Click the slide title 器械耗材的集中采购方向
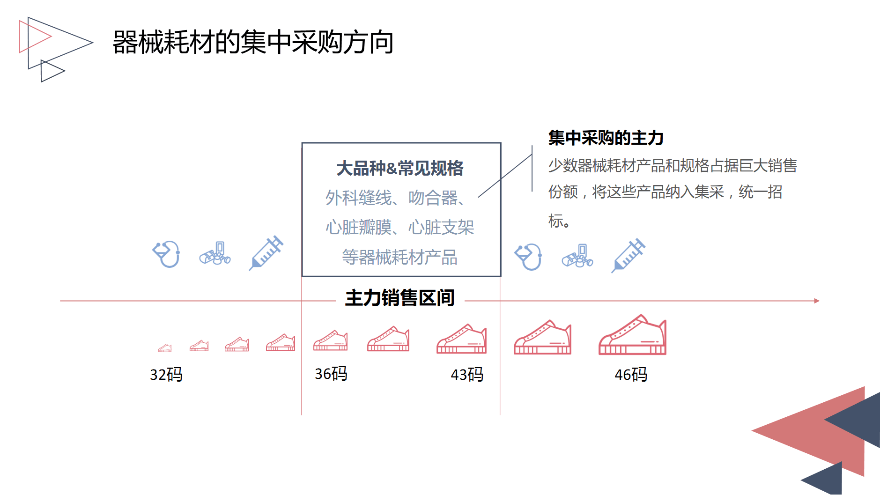253,42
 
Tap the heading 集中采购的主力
606,138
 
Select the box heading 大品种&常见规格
399,168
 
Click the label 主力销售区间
399,298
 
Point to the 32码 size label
166,375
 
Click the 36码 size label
331,374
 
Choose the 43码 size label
466,375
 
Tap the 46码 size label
630,375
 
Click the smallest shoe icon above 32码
165,348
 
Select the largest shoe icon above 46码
632,335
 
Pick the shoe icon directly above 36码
331,341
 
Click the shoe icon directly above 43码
461,339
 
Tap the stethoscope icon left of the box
166,254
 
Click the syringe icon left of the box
266,253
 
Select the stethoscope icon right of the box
528,257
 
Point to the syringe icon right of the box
628,255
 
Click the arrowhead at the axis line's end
817,301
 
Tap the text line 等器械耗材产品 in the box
399,257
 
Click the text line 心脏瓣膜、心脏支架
399,228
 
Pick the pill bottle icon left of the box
215,254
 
